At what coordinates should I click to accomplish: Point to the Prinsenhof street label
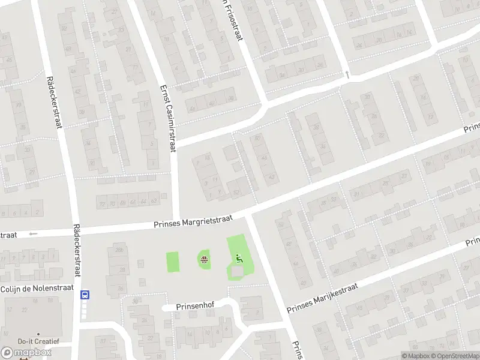pyautogui.click(x=195, y=307)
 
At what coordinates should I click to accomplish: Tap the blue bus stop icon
pyautogui.click(x=85, y=294)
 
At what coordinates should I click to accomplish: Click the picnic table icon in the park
pyautogui.click(x=205, y=260)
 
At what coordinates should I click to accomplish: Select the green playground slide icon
pyautogui.click(x=239, y=259)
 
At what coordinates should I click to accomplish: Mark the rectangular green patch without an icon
pyautogui.click(x=172, y=262)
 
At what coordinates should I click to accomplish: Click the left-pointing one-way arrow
pyautogui.click(x=33, y=233)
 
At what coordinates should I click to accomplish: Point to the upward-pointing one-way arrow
pyautogui.click(x=347, y=74)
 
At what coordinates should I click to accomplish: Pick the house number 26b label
pyautogui.click(x=119, y=250)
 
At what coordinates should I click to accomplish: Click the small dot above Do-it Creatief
pyautogui.click(x=38, y=334)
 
